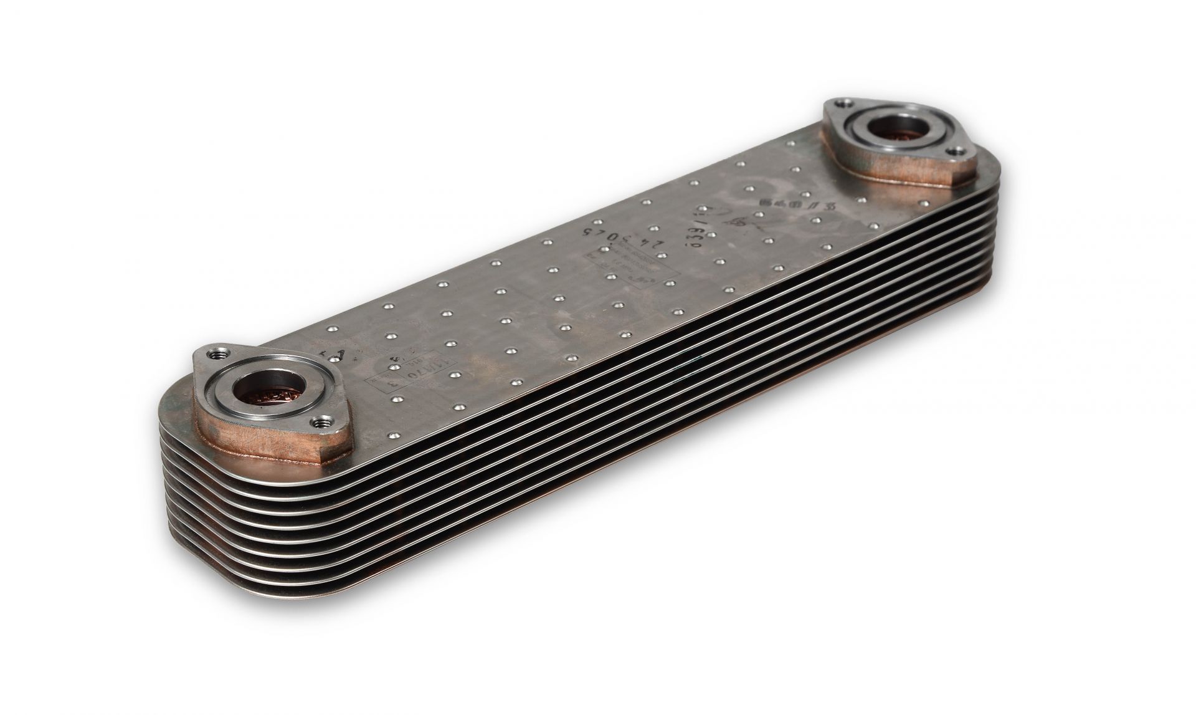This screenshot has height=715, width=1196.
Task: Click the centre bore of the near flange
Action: (267, 394)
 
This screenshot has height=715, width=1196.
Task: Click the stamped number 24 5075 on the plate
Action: (613, 238)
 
